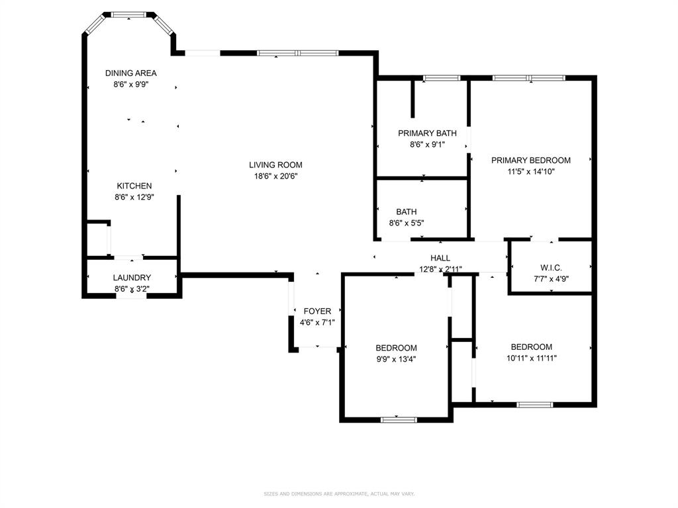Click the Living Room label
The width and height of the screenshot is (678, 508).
275,165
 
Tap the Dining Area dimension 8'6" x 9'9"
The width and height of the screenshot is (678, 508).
131,85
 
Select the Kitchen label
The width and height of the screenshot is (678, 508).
134,186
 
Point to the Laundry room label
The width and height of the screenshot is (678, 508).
132,278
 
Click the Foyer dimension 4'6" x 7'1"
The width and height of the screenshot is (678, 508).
317,323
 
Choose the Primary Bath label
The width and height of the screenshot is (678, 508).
427,133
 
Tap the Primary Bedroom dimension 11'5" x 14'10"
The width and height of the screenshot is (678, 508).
530,171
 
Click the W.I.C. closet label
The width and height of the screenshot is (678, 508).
551,267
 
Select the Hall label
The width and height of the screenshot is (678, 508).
440,258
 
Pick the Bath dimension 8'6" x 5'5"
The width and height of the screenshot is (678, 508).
407,224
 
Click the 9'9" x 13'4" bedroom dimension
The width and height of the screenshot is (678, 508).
396,359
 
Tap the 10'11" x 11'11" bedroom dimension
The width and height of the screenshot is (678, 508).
531,358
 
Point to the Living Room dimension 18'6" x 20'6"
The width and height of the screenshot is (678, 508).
275,176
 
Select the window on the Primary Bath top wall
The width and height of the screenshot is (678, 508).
442,78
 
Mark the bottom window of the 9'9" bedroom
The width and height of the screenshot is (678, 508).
399,419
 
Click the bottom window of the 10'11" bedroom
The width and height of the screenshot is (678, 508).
534,404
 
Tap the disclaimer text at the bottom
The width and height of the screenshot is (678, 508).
339,493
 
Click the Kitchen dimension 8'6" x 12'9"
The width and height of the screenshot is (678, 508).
134,197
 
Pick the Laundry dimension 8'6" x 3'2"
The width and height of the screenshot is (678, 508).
132,289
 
